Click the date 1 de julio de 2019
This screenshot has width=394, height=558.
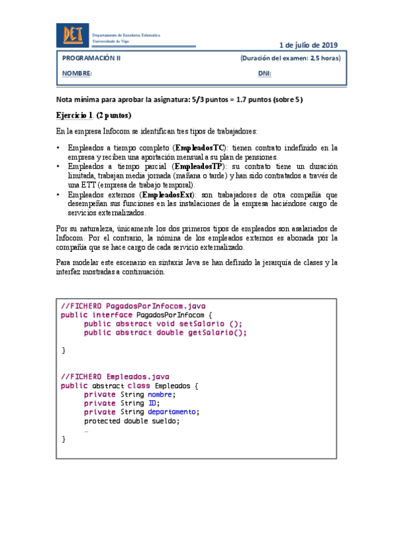click(308, 45)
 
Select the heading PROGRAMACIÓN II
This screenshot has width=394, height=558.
click(91, 58)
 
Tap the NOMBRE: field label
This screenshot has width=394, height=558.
click(77, 74)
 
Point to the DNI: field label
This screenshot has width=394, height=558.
click(264, 74)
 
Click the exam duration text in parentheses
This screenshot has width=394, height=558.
click(290, 58)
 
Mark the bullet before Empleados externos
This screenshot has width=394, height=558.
click(59, 195)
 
